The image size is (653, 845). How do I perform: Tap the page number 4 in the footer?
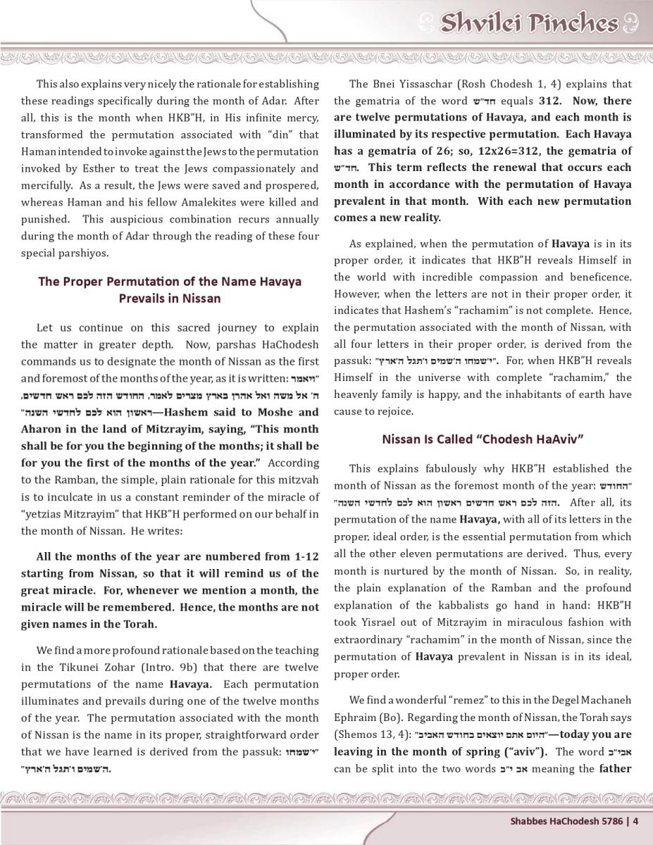click(x=635, y=820)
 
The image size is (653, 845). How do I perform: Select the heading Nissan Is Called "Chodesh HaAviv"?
click(x=483, y=439)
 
